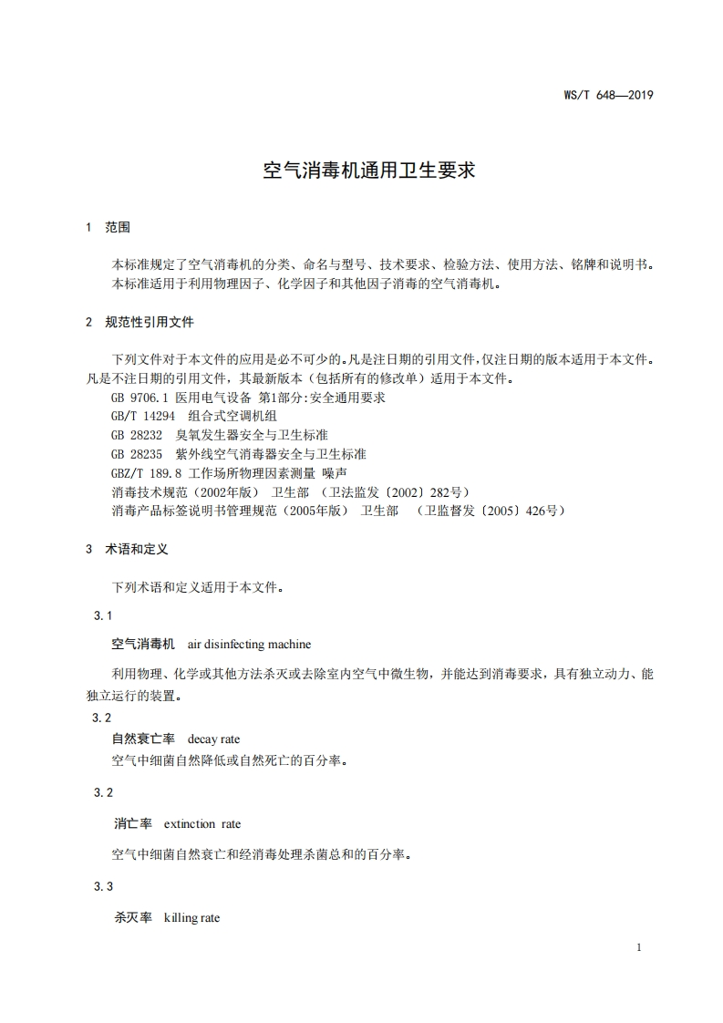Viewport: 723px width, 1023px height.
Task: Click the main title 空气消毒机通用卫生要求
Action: point(368,170)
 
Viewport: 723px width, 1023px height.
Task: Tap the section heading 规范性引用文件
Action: point(150,322)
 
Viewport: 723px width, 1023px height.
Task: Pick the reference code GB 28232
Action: point(137,435)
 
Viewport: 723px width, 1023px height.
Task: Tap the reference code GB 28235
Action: point(137,453)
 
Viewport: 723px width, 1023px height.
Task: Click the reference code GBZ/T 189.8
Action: point(146,472)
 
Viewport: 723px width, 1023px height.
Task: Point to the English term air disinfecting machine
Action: point(249,645)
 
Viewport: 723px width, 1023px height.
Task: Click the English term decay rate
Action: point(213,739)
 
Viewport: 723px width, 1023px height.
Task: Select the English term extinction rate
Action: point(202,823)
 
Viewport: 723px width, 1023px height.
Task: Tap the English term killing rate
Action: point(191,917)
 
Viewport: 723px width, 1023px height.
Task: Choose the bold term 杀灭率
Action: point(132,917)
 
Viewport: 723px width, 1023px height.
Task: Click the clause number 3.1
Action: point(103,616)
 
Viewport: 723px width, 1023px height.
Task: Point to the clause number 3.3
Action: point(103,886)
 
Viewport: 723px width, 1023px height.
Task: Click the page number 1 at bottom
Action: point(639,947)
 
